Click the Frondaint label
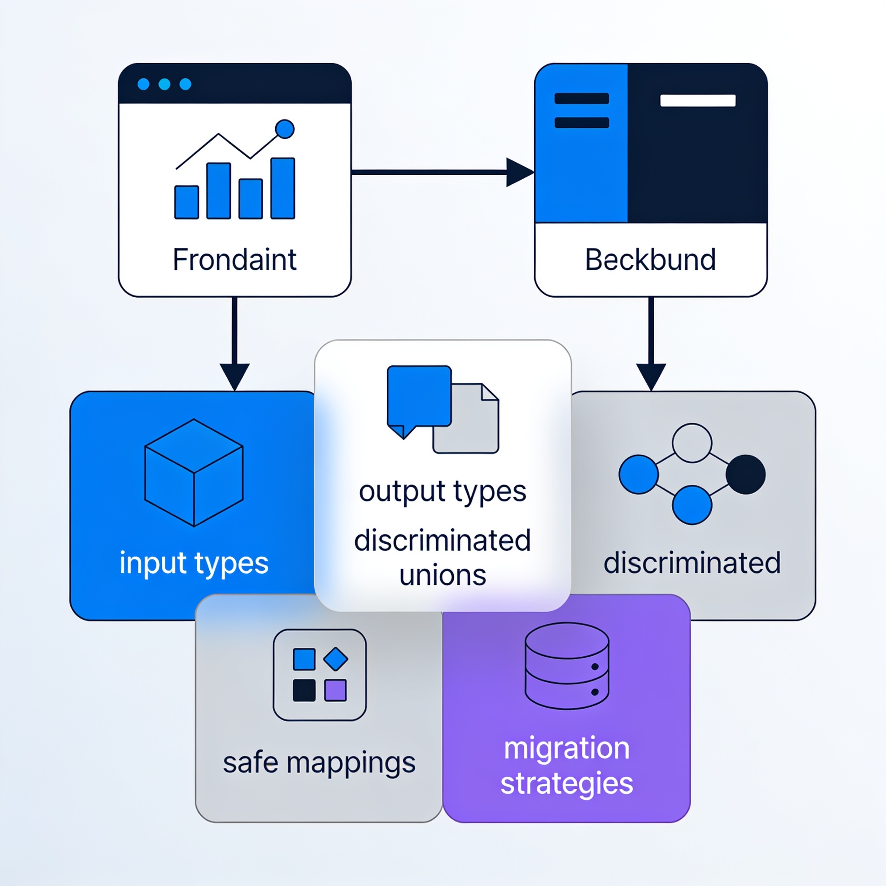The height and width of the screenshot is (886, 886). pyautogui.click(x=234, y=260)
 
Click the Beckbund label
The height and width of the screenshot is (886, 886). pyautogui.click(x=650, y=260)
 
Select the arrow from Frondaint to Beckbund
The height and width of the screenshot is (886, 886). pyautogui.click(x=443, y=173)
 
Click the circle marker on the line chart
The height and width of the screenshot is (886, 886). pyautogui.click(x=285, y=129)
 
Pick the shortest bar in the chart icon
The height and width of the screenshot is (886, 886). pyautogui.click(x=186, y=202)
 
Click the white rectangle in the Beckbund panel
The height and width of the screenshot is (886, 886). pyautogui.click(x=697, y=100)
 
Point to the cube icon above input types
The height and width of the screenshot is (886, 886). pyautogui.click(x=193, y=473)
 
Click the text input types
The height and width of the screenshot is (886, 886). pyautogui.click(x=193, y=563)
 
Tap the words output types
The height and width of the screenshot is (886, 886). pyautogui.click(x=443, y=492)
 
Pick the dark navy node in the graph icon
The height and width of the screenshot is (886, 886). pyautogui.click(x=746, y=474)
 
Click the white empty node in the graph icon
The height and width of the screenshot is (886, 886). pyautogui.click(x=692, y=443)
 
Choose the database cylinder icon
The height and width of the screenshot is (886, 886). pyautogui.click(x=567, y=666)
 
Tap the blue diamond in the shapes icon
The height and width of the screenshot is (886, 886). pyautogui.click(x=336, y=659)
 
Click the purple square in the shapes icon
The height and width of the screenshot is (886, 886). pyautogui.click(x=335, y=690)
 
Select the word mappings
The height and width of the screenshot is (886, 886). pyautogui.click(x=351, y=764)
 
